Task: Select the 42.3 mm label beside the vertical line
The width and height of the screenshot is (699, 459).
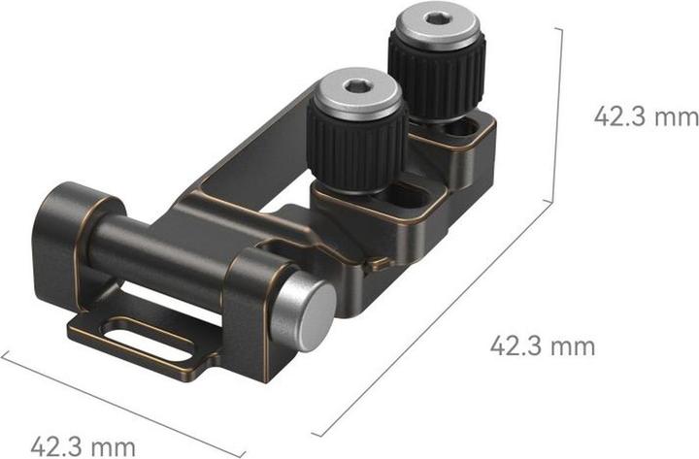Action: (646, 116)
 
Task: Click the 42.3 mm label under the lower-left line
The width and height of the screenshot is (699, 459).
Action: (82, 446)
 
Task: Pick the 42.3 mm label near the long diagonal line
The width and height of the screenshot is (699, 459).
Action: (542, 344)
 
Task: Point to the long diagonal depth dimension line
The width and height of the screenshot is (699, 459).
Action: (437, 320)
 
